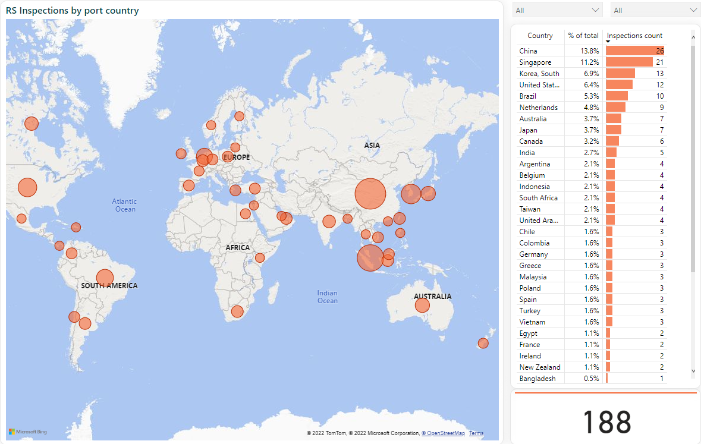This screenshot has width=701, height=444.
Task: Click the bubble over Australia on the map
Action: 422,306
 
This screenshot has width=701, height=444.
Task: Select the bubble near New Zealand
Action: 483,343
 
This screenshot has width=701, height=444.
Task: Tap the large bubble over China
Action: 370,194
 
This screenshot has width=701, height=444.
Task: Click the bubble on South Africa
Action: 237,311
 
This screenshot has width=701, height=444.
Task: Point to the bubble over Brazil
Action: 105,278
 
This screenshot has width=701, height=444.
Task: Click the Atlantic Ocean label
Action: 124,205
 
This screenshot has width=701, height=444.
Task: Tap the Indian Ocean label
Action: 327,297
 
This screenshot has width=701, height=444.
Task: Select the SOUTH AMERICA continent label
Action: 109,286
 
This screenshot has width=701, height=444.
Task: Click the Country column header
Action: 540,36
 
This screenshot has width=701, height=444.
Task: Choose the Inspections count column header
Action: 634,36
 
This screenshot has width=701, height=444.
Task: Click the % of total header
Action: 583,36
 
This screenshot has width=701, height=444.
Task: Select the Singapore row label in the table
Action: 535,62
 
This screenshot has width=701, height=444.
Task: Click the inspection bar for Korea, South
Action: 620,73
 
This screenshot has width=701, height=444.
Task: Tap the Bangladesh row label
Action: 537,379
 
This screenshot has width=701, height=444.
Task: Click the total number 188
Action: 606,421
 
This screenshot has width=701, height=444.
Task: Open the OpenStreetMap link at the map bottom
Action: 443,433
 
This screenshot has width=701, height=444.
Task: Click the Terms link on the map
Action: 476,433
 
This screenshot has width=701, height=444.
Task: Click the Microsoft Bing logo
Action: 28,432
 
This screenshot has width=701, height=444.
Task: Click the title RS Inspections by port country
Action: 73,11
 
